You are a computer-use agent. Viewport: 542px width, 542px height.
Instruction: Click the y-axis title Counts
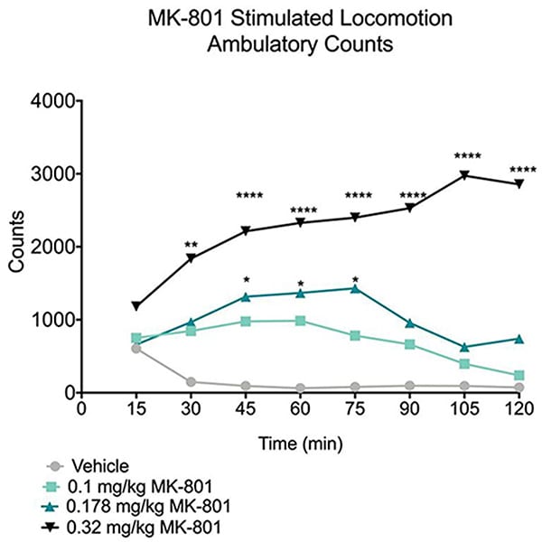point(17,247)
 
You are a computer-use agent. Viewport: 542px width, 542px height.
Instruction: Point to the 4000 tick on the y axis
point(52,101)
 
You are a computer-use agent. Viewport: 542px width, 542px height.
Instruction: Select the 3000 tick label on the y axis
point(52,174)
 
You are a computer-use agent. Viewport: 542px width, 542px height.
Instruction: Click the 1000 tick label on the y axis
point(52,320)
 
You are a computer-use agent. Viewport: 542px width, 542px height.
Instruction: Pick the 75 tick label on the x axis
point(355,407)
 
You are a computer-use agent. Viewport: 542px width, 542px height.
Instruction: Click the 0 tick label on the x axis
point(81,407)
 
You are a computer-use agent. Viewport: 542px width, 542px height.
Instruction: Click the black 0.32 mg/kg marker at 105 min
point(464,175)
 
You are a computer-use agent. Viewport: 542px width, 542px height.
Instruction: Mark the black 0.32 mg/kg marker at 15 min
point(136,306)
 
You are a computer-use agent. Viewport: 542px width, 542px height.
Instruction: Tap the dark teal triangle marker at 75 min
point(355,288)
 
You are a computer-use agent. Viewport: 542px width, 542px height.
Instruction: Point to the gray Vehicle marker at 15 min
point(136,348)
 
